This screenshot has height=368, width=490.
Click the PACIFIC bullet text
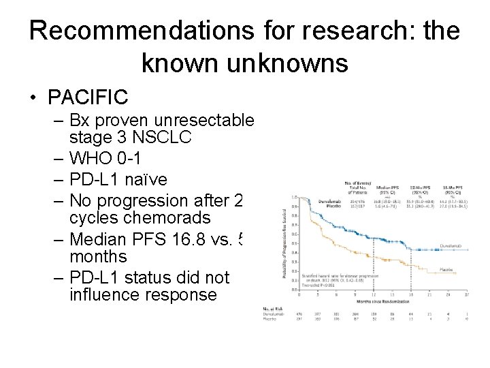[88, 97]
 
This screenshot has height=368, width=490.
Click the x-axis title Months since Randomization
[385, 300]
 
